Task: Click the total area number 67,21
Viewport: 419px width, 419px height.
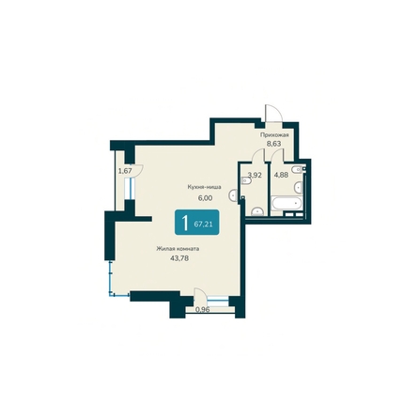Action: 204,224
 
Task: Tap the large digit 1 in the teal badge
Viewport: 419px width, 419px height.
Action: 185,223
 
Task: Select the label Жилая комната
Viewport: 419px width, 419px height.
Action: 178,249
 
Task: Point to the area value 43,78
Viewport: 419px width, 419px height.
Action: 179,258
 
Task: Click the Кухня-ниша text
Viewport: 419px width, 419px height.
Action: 205,187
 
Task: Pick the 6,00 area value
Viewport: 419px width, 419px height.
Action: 205,198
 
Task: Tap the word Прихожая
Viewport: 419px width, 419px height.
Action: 274,135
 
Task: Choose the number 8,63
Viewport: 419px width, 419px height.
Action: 273,144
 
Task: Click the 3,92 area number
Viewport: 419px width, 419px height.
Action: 255,175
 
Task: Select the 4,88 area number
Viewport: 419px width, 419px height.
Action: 281,175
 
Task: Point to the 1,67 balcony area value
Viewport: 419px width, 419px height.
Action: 125,171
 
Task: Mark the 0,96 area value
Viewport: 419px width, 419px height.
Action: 203,310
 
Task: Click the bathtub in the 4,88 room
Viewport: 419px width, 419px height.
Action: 287,204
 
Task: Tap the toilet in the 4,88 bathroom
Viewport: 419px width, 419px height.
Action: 298,187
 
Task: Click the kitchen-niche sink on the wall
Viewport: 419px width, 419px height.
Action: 234,195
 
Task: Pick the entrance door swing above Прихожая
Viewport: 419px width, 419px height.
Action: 273,112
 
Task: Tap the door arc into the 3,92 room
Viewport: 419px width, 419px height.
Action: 259,155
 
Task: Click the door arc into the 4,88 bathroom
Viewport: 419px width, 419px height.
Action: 278,155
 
